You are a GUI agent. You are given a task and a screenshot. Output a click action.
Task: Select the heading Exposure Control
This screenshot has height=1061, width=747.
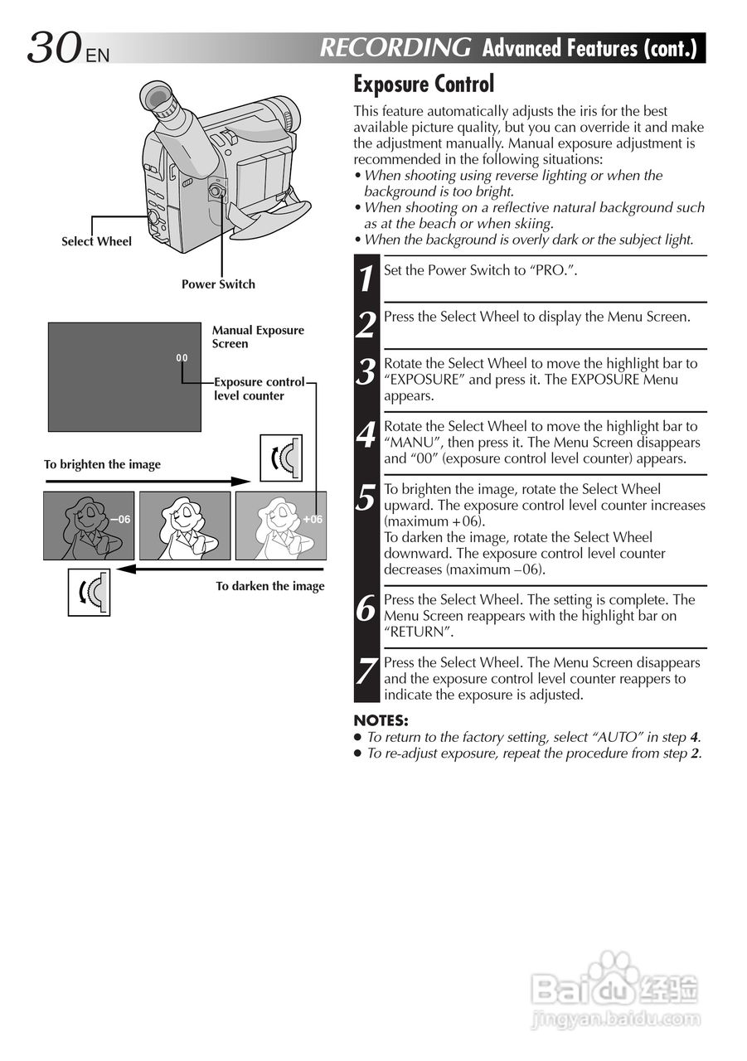(x=423, y=84)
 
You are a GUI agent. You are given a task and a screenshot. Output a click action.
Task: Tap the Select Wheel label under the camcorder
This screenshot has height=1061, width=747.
(x=96, y=242)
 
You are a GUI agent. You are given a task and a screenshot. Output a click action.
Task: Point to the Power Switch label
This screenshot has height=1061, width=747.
(x=218, y=284)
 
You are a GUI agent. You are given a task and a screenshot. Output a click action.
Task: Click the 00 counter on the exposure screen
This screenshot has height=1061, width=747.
(x=182, y=358)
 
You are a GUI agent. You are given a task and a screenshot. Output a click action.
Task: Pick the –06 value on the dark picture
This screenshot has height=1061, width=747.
(x=120, y=519)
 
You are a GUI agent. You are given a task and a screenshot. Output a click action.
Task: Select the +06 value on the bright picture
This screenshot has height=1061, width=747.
(x=313, y=519)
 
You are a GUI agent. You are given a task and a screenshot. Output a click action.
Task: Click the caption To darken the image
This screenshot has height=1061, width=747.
(x=270, y=586)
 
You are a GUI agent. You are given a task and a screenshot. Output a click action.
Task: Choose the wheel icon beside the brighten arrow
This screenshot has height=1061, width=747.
(x=281, y=458)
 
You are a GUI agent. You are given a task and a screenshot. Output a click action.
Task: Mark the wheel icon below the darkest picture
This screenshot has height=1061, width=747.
(x=89, y=593)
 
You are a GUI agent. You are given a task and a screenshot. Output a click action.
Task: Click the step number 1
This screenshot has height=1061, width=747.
(x=366, y=278)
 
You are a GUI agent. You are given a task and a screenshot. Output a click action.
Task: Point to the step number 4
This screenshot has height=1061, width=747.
(x=366, y=435)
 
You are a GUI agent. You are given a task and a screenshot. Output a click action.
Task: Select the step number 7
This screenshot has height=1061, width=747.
(x=366, y=671)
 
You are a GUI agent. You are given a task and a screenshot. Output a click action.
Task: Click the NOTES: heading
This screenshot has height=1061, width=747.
(x=381, y=720)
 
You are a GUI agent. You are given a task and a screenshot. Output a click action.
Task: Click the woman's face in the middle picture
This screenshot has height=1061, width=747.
(x=184, y=512)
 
